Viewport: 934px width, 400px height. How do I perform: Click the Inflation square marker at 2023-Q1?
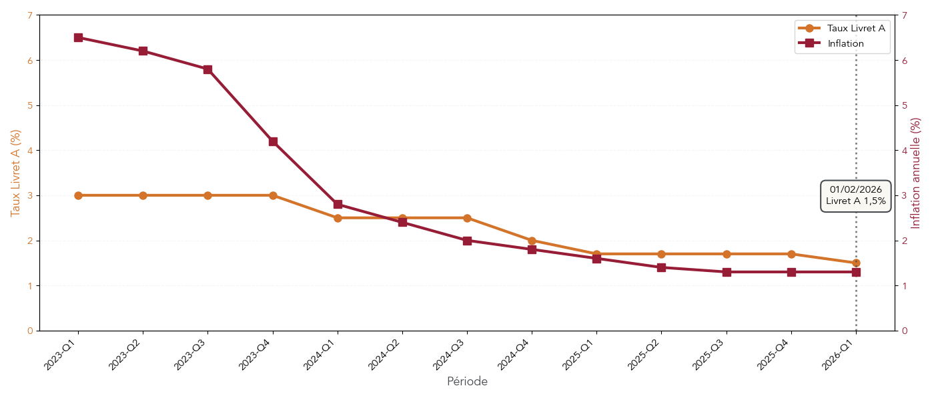78,37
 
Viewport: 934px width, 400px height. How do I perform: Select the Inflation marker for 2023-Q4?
273,141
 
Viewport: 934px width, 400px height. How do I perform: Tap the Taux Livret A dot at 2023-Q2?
143,195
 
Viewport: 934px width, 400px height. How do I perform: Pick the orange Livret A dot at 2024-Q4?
532,241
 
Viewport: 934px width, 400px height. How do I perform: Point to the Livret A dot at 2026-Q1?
856,263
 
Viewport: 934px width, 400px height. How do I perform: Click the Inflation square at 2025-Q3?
727,272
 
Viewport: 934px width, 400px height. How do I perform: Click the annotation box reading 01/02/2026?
855,195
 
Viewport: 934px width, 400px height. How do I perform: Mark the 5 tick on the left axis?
30,105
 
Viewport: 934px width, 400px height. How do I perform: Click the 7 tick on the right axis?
904,15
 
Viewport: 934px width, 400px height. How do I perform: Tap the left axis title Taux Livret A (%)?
15,173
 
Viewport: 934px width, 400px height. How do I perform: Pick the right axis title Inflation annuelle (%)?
916,173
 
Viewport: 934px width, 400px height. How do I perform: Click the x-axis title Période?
467,382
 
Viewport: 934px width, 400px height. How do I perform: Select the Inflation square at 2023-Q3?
207,69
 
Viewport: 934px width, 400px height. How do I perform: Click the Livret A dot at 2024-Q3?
467,218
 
